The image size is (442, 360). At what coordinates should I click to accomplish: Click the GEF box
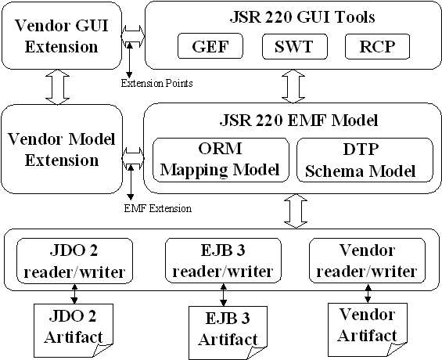coord(210,46)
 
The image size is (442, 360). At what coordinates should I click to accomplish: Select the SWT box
coord(295,46)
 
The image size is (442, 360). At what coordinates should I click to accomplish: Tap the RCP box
coord(377,46)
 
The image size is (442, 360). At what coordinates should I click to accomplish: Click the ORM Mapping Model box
coord(221,160)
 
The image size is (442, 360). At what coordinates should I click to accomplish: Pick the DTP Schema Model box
coord(365,160)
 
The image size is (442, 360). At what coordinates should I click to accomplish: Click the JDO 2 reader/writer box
coord(74,261)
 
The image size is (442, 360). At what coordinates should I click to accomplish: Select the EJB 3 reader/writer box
coord(223,261)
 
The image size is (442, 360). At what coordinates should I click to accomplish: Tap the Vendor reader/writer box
coord(368,261)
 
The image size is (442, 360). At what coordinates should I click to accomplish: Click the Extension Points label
coord(157,84)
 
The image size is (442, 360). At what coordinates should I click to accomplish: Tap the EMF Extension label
coord(158,209)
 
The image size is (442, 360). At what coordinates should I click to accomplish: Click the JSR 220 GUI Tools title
coord(303,17)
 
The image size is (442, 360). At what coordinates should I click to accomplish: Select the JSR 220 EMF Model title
coord(299,121)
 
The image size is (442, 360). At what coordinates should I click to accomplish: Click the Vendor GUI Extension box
coord(62,36)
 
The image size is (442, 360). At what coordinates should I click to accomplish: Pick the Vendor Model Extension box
coord(62,149)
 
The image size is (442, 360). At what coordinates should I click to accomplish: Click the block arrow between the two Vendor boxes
coord(58,87)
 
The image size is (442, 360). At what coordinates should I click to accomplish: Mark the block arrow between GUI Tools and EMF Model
coord(293,86)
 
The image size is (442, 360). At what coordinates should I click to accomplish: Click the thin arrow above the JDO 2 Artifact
coord(74,293)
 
